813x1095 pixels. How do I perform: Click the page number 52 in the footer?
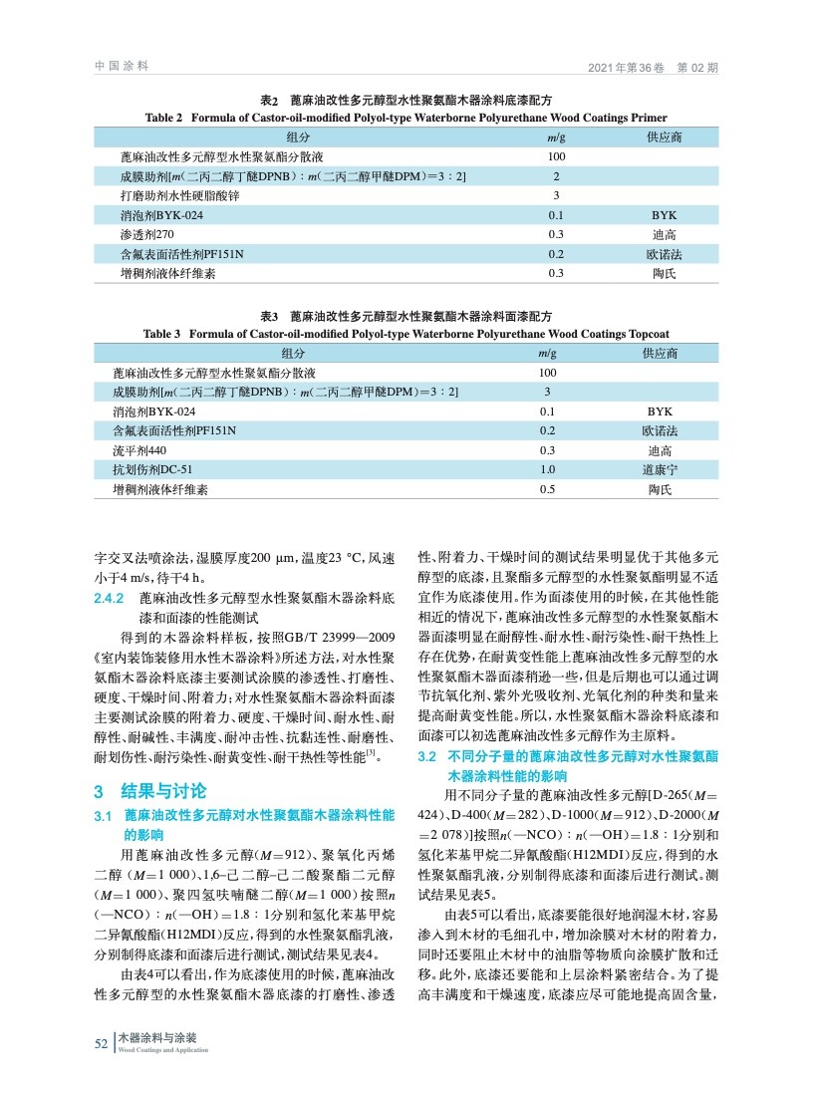tap(101, 1042)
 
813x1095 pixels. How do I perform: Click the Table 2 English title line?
tap(406, 117)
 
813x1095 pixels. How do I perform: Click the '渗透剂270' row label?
tap(147, 233)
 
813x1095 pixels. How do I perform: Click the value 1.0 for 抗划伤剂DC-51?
tap(547, 469)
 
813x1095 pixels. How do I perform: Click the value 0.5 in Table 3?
tap(547, 489)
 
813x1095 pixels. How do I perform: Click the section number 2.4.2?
tap(107, 600)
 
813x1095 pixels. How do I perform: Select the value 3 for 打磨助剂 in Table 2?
tap(556, 194)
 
